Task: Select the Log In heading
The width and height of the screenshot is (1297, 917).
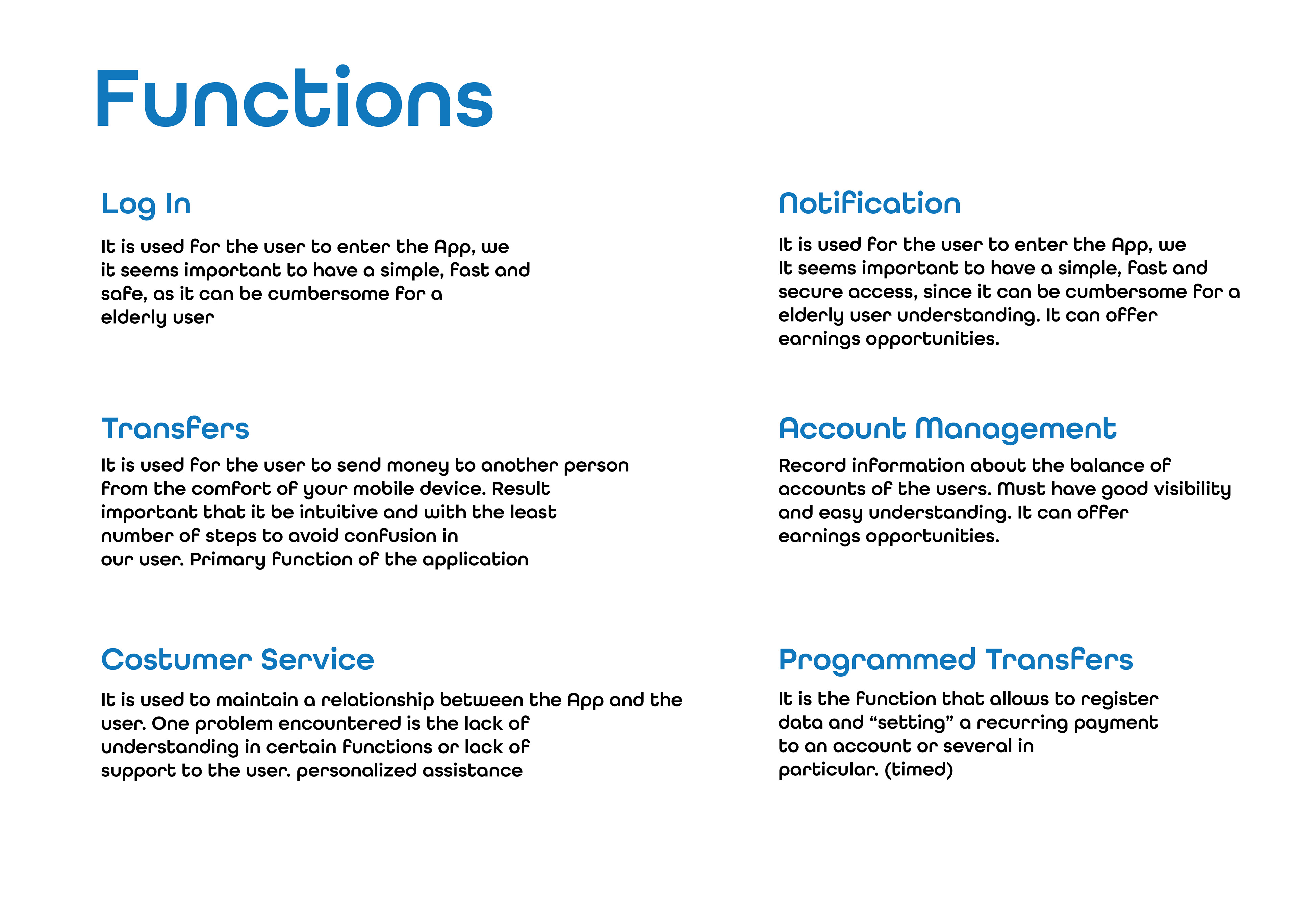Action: point(146,205)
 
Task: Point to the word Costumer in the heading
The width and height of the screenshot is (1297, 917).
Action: point(176,660)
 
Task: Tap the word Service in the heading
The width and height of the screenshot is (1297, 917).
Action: point(317,660)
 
